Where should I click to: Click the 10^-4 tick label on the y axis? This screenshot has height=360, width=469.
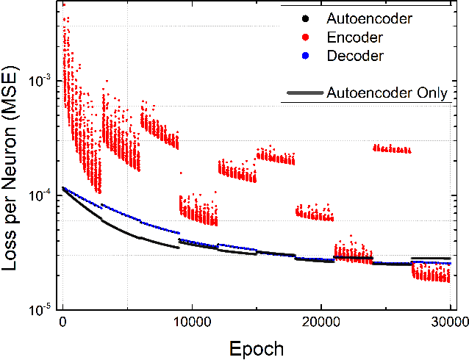[40, 195]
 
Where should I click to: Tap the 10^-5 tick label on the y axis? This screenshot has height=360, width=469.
[40, 309]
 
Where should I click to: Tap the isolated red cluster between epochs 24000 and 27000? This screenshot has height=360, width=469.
[392, 149]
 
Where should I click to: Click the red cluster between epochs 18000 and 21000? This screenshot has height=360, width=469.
[315, 214]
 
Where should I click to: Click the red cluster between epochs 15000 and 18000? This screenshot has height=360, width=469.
[276, 156]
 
